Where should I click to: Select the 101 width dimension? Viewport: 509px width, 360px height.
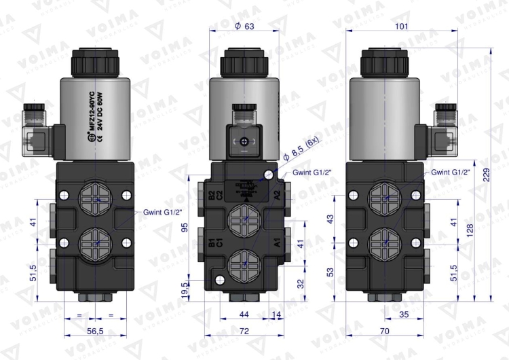click(402, 26)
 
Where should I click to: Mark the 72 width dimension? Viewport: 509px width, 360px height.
click(244, 331)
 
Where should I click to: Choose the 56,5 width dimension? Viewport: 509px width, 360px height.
click(96, 331)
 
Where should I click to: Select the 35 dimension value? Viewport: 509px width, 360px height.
click(403, 314)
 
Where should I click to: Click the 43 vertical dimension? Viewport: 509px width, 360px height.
click(331, 219)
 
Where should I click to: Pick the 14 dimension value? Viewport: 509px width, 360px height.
click(277, 314)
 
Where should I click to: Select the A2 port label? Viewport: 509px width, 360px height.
click(277, 196)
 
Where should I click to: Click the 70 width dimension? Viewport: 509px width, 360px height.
click(384, 331)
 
